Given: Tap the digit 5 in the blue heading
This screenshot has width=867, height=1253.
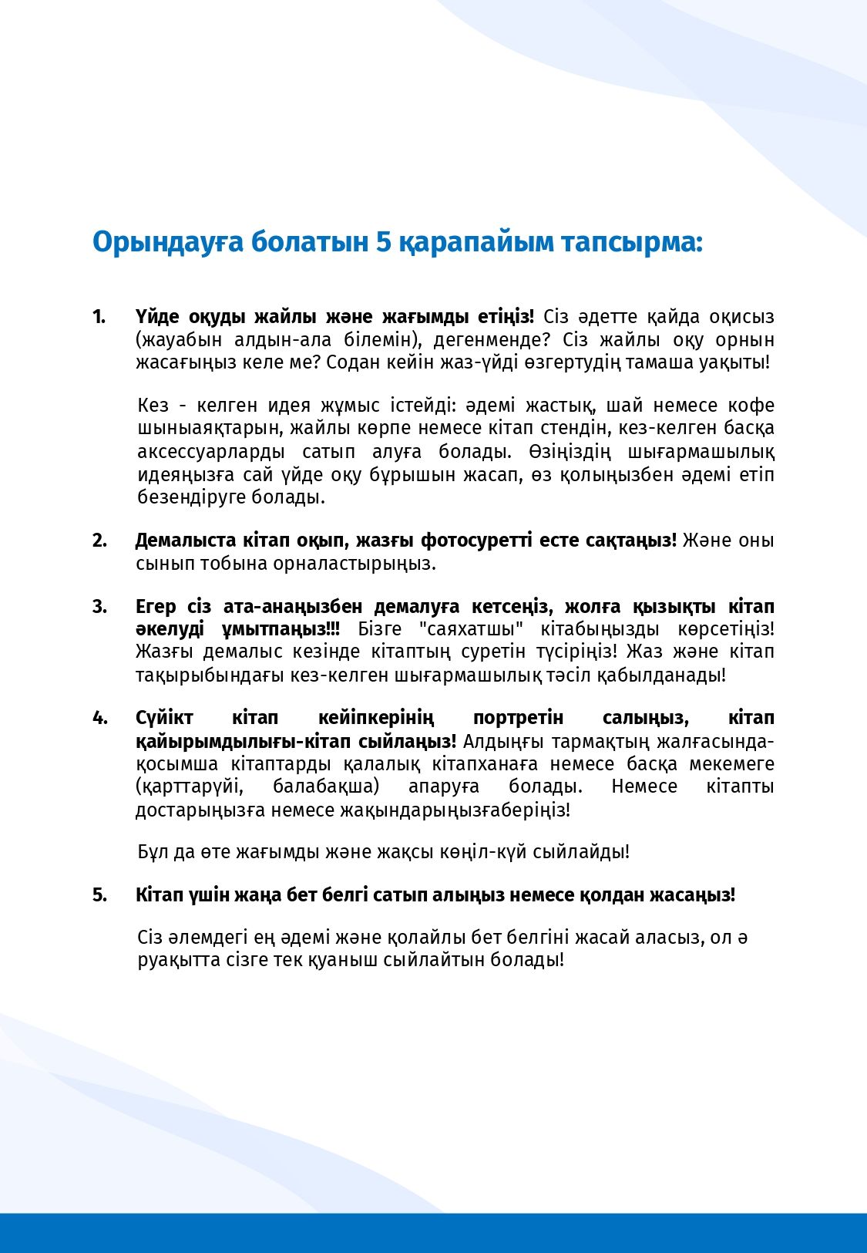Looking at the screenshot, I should (384, 242).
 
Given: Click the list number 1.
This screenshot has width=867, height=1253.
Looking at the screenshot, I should (99, 317).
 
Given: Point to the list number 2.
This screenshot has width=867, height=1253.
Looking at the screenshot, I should (99, 541).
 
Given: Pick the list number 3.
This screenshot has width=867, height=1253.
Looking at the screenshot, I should (99, 607).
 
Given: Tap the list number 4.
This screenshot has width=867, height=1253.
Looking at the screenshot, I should (99, 718).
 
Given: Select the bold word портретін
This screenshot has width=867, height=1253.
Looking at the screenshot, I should (518, 718).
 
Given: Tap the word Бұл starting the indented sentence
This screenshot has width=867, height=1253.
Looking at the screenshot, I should (153, 852).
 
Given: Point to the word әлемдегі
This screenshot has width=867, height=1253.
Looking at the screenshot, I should (205, 938).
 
